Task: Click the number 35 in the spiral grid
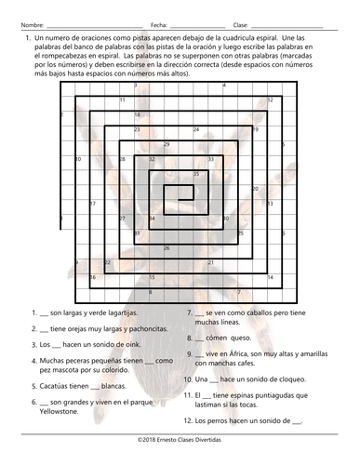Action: (195, 174)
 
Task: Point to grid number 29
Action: (166, 144)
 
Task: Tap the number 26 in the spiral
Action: (166, 247)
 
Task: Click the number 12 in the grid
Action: (270, 100)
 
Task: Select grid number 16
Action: (91, 277)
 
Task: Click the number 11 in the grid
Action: (121, 100)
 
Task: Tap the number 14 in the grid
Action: (270, 277)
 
